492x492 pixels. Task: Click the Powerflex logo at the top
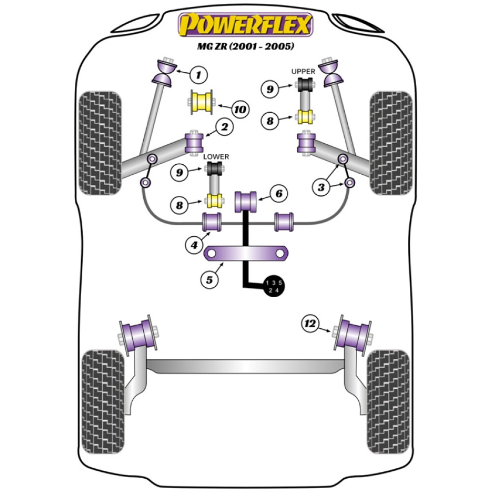point(245,25)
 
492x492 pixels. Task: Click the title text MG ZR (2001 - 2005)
point(245,47)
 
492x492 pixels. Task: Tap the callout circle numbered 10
point(239,109)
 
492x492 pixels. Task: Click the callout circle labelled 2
point(224,128)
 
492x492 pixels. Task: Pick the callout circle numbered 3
point(322,187)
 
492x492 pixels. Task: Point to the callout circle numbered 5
point(209,279)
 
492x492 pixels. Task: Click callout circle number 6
point(278,194)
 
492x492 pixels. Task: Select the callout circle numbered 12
point(310,323)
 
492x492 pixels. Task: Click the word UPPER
point(304,71)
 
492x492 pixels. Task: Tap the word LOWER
point(216,156)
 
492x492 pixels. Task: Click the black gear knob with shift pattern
point(274,286)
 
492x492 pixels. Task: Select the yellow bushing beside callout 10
point(201,103)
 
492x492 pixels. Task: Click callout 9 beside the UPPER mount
point(270,89)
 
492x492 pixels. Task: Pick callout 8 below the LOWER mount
point(181,204)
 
